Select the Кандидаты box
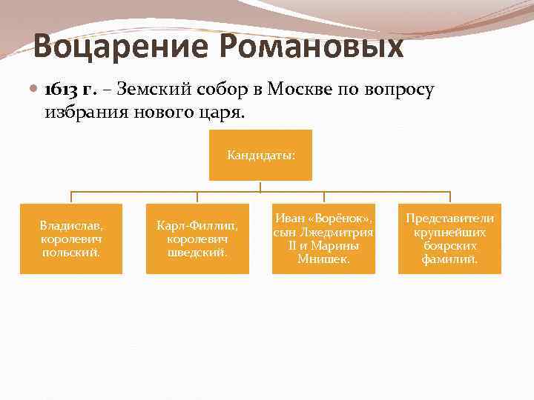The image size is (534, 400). point(260,156)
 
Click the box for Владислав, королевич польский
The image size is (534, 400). point(71,239)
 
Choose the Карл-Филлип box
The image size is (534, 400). point(197,239)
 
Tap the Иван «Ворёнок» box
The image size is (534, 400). point(323,239)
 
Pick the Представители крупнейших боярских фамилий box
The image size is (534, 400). point(449,239)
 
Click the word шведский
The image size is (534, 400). point(197,253)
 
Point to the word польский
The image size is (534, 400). point(71,253)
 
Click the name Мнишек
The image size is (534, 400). point(324,259)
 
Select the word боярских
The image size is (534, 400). point(449,245)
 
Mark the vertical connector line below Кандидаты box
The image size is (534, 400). point(260,186)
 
